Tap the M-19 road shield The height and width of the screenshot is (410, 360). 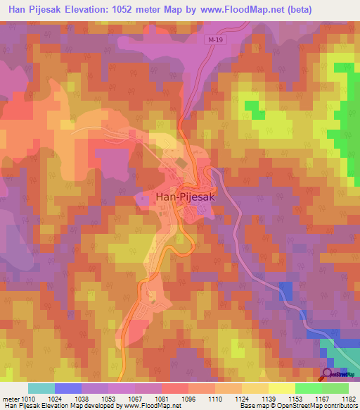217,42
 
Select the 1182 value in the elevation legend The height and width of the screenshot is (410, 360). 349,398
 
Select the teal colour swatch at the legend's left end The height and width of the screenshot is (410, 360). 41,388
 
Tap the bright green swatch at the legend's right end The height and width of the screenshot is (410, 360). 335,388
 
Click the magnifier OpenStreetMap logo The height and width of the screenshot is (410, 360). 328,374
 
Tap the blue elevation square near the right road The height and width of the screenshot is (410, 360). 285,290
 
